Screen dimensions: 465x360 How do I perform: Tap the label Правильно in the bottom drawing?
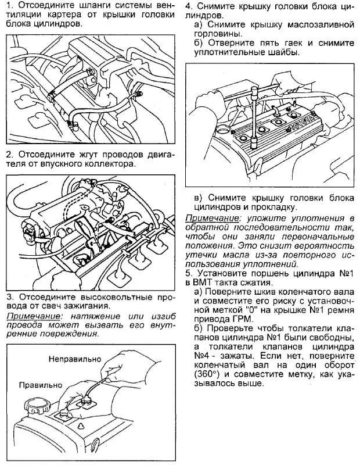click(40, 385)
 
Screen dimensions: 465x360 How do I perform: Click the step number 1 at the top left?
click(9, 7)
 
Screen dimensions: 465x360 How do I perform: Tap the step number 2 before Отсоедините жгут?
click(9, 155)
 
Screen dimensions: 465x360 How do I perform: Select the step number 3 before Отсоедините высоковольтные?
click(9, 296)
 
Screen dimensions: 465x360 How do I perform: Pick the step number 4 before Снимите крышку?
click(189, 7)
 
